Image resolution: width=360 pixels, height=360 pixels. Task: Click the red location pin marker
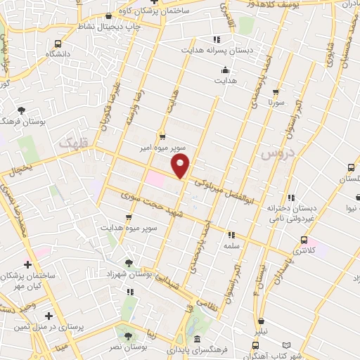coord(181,166)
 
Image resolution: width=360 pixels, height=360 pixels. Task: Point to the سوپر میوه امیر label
coord(161,150)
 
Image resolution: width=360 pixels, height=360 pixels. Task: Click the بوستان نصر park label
coord(129,348)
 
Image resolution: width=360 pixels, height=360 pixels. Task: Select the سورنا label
coord(274,101)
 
